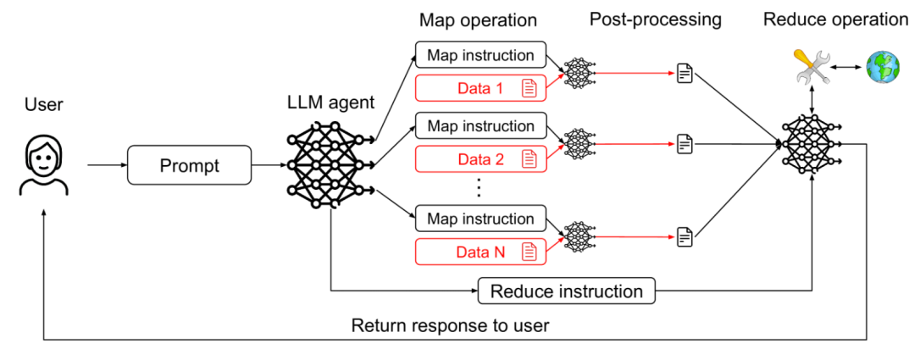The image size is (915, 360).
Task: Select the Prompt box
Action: [x=190, y=165]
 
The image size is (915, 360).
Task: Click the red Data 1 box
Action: [x=480, y=87]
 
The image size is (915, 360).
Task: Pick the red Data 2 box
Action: [x=480, y=158]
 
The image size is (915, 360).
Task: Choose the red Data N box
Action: [x=480, y=251]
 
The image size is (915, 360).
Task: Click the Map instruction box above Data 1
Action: [x=480, y=55]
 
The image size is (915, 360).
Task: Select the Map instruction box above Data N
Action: [x=480, y=219]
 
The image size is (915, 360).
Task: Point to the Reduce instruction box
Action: [x=567, y=291]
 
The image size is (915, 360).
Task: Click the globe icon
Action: [x=882, y=66]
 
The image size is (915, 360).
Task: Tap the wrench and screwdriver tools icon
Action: [x=811, y=66]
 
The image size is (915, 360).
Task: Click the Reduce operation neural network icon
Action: [x=812, y=144]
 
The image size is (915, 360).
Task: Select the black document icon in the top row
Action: [x=685, y=75]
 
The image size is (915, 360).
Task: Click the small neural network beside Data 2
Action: [x=579, y=144]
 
